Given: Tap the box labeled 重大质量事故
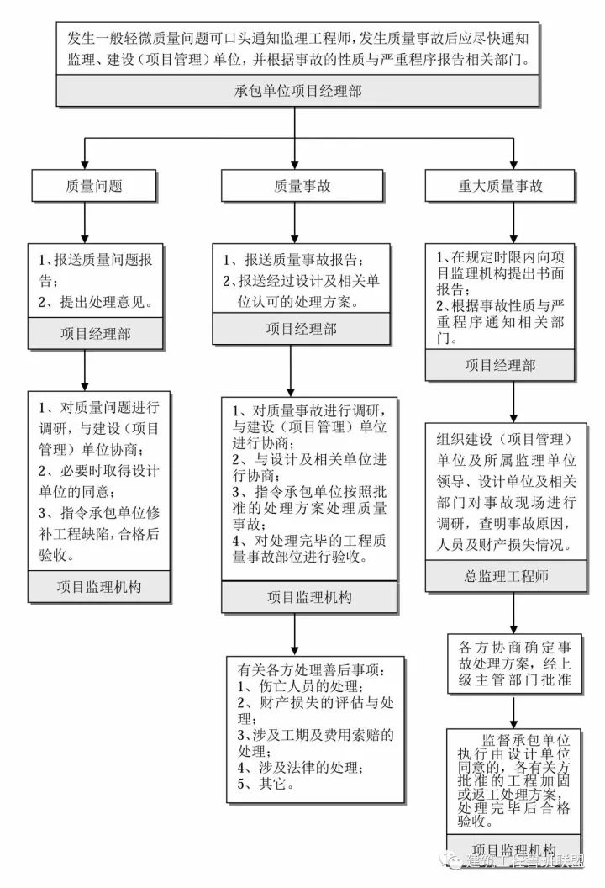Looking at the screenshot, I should [x=500, y=186].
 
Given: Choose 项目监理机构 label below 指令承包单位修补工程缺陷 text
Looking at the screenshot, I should [x=98, y=586].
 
